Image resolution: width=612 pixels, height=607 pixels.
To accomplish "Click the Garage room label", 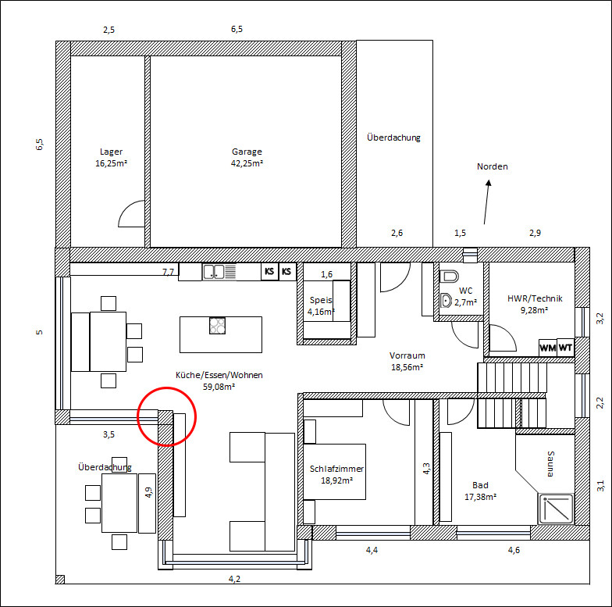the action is point(247,152).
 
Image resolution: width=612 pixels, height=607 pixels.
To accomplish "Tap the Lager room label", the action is point(111,152).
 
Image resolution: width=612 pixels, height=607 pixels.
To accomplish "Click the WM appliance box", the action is point(548,348).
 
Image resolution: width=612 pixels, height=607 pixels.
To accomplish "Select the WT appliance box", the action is point(565,348).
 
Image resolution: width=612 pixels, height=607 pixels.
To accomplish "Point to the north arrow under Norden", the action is point(486,202).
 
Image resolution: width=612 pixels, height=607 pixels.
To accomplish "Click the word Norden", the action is point(492,166).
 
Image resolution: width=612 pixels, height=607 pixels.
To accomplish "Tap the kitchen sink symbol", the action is point(219,272).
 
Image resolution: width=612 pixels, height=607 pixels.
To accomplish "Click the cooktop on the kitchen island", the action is point(217,326).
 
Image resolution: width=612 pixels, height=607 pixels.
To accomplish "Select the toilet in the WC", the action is point(450,277).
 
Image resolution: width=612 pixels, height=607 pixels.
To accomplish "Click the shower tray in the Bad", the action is point(556,509).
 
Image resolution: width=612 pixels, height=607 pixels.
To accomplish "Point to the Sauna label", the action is point(550,464).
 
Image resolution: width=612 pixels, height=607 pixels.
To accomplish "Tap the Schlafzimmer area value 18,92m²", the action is point(337,480).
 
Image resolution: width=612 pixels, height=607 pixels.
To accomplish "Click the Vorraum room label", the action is point(407,355).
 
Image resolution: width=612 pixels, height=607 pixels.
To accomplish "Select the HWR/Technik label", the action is point(535,298).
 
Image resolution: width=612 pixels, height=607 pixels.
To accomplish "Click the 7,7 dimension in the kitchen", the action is point(169,272).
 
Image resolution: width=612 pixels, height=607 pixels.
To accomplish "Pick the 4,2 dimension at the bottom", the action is point(234,579).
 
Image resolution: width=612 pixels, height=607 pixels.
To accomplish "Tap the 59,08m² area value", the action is point(219,387).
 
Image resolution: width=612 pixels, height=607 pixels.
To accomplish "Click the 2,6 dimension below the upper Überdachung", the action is point(397,233).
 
